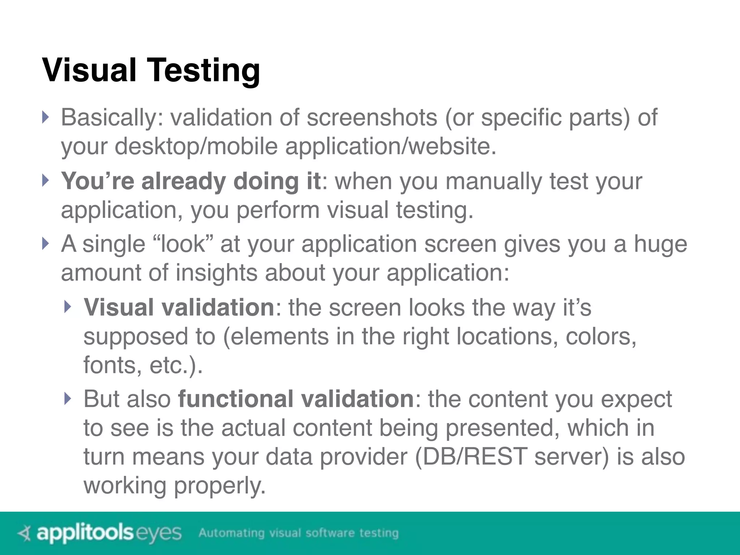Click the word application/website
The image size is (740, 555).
(391, 146)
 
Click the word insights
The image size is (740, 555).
(216, 272)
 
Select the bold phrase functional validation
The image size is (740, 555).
(296, 399)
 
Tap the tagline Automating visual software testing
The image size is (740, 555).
(298, 533)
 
